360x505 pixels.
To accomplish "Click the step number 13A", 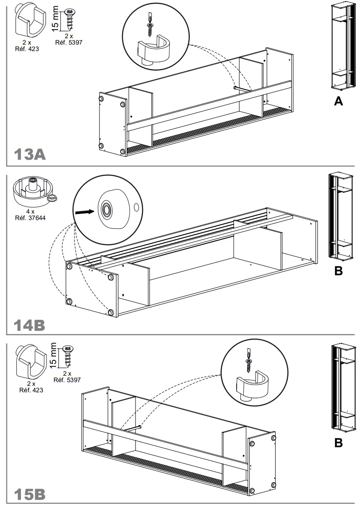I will pos(29,154).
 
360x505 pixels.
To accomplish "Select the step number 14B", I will pos(29,325).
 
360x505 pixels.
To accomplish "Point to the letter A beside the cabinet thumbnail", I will pos(338,102).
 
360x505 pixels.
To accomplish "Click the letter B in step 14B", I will pos(338,271).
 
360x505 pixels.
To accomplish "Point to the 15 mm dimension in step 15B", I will pos(52,356).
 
